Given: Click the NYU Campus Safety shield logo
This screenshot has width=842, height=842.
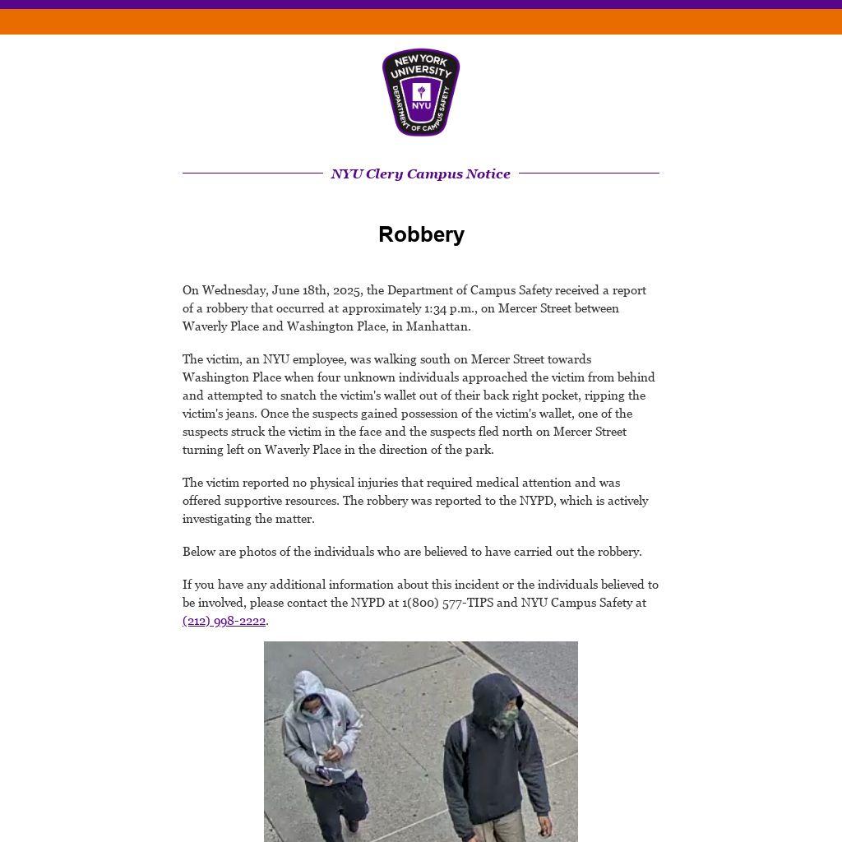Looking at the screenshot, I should pos(421,92).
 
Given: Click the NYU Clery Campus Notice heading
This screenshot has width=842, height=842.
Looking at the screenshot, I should pos(420,173).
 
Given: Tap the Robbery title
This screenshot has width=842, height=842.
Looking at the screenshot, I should pos(421,234).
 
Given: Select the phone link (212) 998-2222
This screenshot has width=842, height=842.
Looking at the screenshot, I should pos(224,621).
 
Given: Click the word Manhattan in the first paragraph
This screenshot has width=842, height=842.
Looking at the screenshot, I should pos(437,326).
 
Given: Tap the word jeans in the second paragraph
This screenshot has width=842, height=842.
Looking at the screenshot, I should pos(237,414).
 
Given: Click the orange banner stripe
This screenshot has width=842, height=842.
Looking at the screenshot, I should pos(421,21).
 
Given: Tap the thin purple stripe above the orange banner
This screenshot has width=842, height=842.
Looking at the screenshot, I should pos(421,4).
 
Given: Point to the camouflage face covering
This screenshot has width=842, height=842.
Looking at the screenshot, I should pos(506,720).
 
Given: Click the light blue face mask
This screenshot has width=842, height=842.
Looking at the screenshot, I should pos(312,714).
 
